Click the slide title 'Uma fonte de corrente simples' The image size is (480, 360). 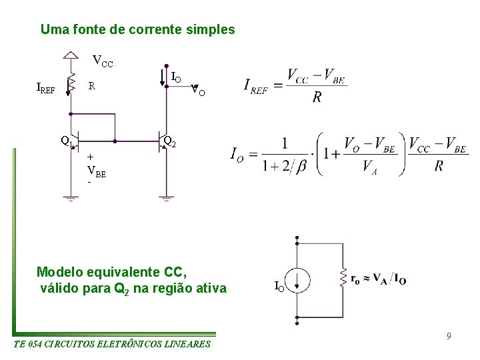coord(137,30)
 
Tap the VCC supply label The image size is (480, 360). coord(103,63)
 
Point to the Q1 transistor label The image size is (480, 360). coord(65,141)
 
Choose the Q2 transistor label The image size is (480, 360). coord(170,141)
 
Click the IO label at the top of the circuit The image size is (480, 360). coord(176,79)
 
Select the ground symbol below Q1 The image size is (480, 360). coord(70,198)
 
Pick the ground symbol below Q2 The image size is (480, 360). coord(165,198)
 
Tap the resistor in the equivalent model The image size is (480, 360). coord(342,280)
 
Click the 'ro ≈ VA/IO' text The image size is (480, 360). coord(378,280)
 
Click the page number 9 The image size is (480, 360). coord(449,336)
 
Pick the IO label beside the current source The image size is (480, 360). coord(280,287)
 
